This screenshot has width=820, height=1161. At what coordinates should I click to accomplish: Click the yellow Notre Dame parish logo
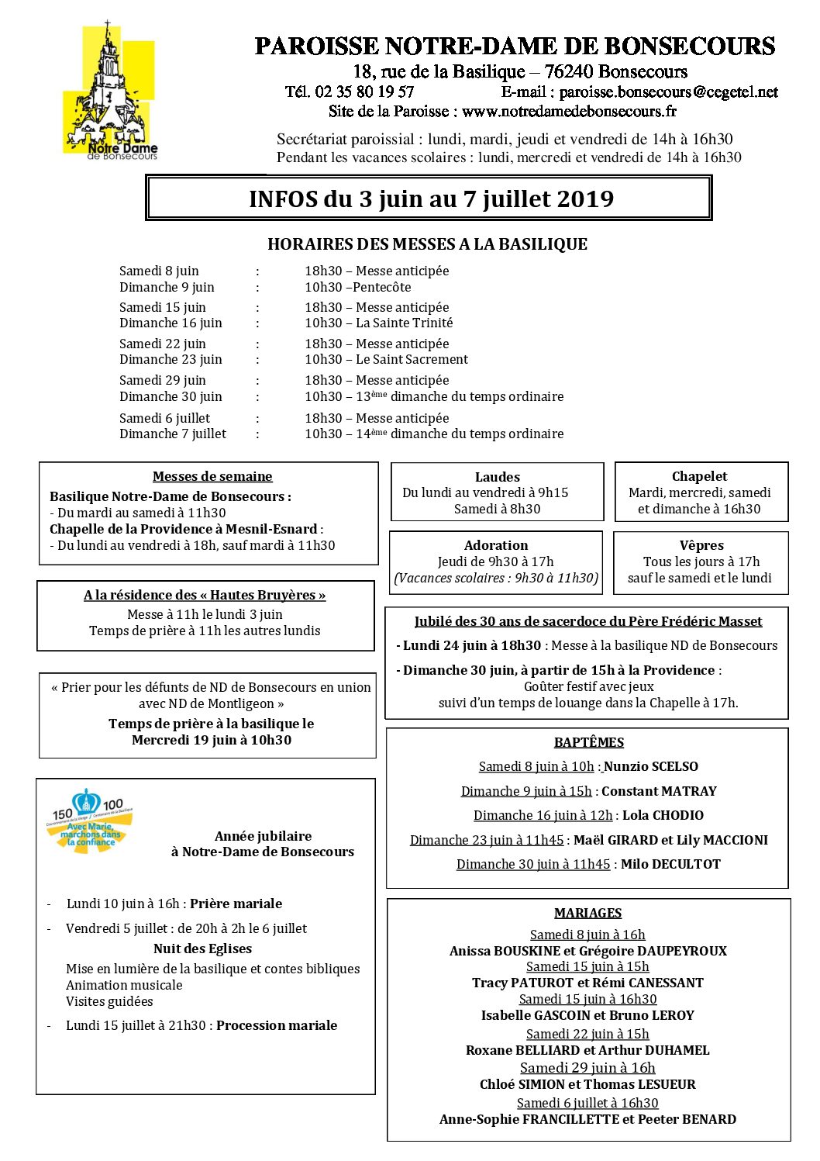(x=110, y=92)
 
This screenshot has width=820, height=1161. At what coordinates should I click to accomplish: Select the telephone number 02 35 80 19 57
(x=364, y=92)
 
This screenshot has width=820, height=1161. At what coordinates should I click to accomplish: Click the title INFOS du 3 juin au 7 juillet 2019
(x=431, y=199)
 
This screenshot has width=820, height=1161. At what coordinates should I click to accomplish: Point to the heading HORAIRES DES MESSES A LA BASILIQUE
(x=427, y=244)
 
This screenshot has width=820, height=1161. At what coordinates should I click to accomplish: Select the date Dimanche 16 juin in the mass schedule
(x=171, y=323)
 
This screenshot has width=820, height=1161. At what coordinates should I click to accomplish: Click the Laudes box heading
(x=497, y=477)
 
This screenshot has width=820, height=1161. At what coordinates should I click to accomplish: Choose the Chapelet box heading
(x=700, y=476)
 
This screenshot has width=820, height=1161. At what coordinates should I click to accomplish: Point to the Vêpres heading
(x=701, y=545)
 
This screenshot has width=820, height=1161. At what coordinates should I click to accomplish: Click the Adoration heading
(x=496, y=545)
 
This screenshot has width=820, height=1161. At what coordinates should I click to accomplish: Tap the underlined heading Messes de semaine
(x=212, y=476)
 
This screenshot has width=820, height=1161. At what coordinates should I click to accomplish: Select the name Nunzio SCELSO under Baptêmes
(x=650, y=766)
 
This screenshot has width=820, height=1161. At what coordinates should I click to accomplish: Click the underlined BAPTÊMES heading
(x=589, y=742)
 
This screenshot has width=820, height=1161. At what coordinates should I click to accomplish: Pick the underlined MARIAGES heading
(x=587, y=913)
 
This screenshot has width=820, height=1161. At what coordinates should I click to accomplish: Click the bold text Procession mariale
(x=277, y=1025)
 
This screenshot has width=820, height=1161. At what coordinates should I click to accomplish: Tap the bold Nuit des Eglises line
(x=202, y=948)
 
